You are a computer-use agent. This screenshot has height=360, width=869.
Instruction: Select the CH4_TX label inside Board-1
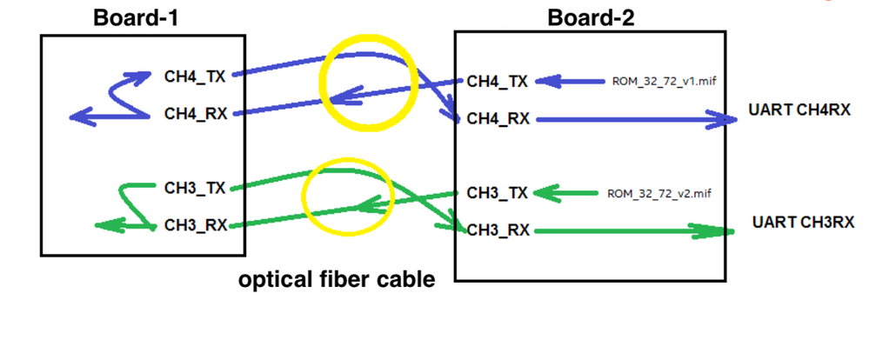pyautogui.click(x=195, y=76)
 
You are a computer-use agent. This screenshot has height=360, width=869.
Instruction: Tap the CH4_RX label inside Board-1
pyautogui.click(x=196, y=114)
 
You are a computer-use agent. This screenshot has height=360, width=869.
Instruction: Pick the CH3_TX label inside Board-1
pyautogui.click(x=195, y=187)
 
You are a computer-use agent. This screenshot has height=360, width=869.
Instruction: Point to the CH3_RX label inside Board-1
pyautogui.click(x=196, y=225)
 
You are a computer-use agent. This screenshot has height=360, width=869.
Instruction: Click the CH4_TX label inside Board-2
pyautogui.click(x=497, y=82)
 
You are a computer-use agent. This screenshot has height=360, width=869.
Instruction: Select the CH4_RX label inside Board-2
pyautogui.click(x=498, y=119)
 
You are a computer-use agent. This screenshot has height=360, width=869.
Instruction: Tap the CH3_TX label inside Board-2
pyautogui.click(x=497, y=192)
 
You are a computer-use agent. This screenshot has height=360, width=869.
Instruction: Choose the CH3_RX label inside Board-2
pyautogui.click(x=498, y=230)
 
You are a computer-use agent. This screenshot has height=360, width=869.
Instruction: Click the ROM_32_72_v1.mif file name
pyautogui.click(x=663, y=82)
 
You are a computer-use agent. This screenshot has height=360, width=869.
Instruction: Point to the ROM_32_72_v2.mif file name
pyautogui.click(x=663, y=192)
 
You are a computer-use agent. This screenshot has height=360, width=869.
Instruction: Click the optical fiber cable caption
pyautogui.click(x=337, y=280)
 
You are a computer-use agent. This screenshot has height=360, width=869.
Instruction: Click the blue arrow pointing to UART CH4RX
pyautogui.click(x=635, y=120)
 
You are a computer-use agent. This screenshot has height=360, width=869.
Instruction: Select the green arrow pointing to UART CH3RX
pyautogui.click(x=635, y=231)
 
